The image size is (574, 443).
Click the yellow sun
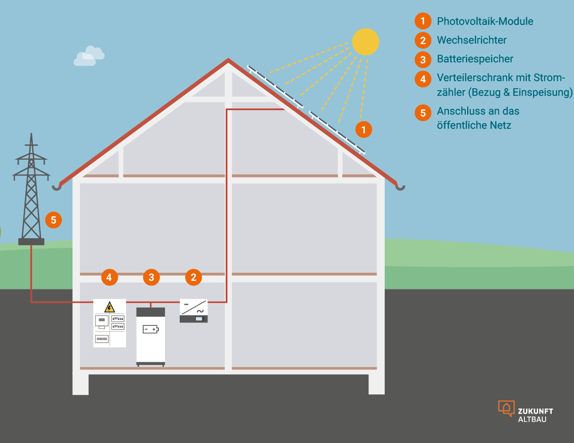[365, 42]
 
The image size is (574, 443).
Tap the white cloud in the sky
[89, 56]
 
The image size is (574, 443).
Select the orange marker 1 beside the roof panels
[363, 129]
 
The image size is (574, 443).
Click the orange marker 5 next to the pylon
[53, 220]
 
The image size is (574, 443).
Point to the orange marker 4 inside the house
[109, 277]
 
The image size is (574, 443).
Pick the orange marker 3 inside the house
[151, 277]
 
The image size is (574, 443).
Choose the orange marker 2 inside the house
[193, 277]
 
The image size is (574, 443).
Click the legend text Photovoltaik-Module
[484, 21]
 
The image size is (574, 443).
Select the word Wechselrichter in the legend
[471, 40]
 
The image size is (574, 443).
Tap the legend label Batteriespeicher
[475, 59]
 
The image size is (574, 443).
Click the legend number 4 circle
[423, 79]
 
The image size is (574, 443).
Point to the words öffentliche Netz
[474, 125]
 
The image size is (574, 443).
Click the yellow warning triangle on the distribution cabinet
[109, 307]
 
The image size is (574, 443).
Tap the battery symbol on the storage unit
[150, 329]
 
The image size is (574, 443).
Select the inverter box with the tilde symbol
[194, 311]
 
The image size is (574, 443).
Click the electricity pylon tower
[31, 193]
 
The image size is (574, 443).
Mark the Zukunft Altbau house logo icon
[506, 408]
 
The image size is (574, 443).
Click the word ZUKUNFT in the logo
[536, 411]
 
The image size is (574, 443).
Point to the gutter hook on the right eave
[400, 188]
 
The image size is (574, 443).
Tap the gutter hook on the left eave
[57, 187]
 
